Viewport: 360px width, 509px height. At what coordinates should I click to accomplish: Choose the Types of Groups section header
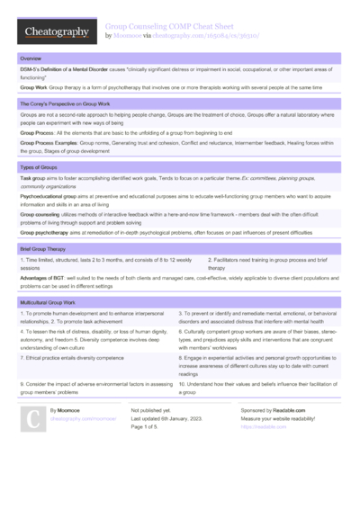coord(39,168)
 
